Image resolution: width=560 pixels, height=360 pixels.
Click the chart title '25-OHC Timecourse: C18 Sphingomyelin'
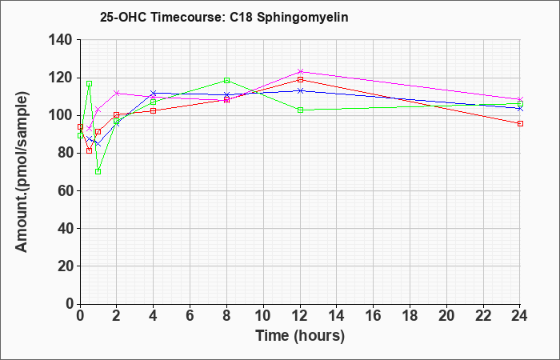click(x=224, y=17)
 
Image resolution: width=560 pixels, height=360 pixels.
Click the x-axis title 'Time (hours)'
click(x=300, y=336)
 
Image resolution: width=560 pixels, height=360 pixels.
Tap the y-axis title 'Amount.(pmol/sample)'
click(x=22, y=172)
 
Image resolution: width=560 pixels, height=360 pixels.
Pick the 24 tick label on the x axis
click(x=519, y=316)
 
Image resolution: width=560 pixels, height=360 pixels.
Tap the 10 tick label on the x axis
click(x=263, y=316)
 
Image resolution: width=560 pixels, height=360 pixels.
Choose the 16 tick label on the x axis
click(x=374, y=316)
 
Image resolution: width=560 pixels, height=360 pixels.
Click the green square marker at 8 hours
click(x=226, y=80)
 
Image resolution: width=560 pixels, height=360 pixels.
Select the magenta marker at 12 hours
click(x=300, y=71)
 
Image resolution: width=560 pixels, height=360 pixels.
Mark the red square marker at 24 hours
click(x=520, y=123)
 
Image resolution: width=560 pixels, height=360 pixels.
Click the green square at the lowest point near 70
click(x=98, y=172)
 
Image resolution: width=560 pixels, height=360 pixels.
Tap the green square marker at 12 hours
click(x=300, y=110)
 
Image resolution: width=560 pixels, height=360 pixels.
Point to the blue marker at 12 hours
click(x=300, y=90)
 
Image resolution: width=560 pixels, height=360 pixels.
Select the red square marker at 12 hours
click(x=300, y=80)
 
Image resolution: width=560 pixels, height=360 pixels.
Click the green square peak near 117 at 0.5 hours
click(x=90, y=83)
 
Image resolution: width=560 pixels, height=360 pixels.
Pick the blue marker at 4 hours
click(x=154, y=94)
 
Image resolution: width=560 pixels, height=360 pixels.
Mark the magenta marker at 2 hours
click(x=117, y=94)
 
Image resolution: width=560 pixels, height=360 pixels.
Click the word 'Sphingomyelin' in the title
click(x=302, y=18)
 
